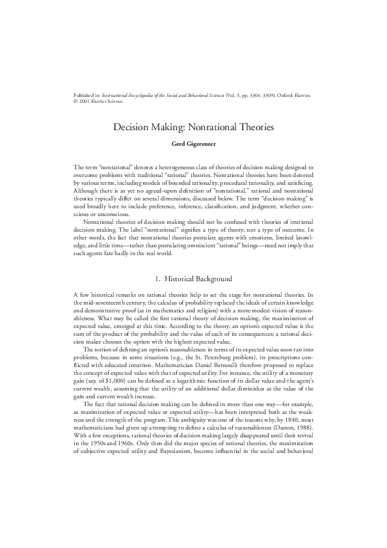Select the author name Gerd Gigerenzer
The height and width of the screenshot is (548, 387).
[193, 143]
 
